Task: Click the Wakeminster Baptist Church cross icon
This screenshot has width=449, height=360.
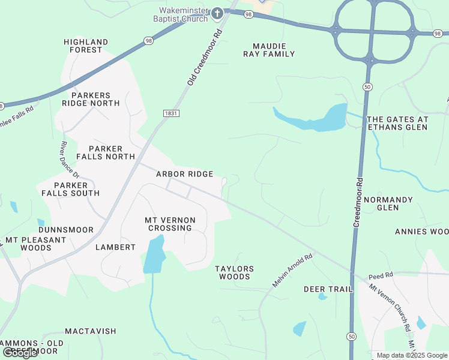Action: click(x=217, y=13)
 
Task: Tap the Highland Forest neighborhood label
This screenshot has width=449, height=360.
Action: click(x=86, y=46)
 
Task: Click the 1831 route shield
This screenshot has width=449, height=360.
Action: click(x=171, y=113)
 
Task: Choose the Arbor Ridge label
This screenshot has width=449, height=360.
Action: click(x=184, y=174)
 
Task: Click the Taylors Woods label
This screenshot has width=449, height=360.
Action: click(x=234, y=272)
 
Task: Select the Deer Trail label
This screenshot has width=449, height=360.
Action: click(x=328, y=289)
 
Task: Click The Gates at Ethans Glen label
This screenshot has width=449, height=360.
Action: click(x=397, y=123)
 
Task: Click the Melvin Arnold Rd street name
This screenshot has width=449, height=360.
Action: click(x=293, y=271)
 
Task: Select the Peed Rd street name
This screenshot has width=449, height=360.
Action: click(x=381, y=276)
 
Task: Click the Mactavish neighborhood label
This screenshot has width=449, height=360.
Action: click(x=91, y=331)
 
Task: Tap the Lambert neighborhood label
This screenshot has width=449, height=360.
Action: click(x=115, y=247)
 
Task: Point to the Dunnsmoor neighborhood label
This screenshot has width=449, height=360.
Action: click(x=66, y=230)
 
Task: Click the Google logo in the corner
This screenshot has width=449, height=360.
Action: click(x=20, y=353)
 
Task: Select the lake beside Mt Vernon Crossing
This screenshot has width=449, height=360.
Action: click(x=153, y=255)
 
